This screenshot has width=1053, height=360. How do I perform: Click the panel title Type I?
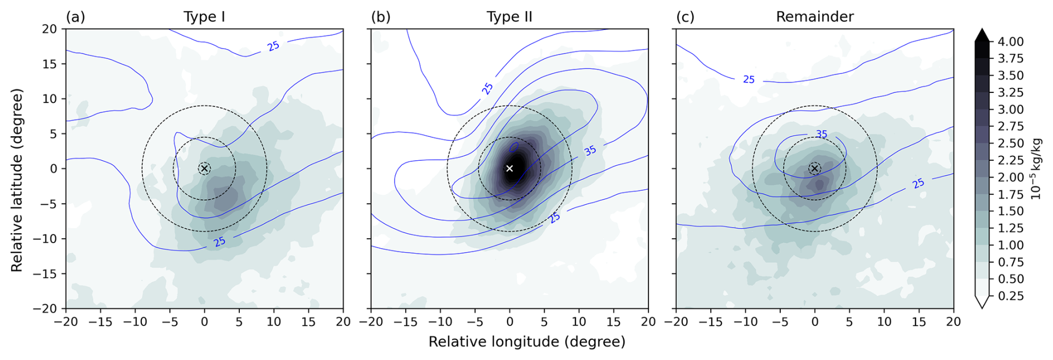(204, 17)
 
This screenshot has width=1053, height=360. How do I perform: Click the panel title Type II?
(509, 17)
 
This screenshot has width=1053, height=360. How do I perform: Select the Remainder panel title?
(814, 17)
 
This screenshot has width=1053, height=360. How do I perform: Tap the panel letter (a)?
(75, 17)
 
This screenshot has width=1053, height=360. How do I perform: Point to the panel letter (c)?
(685, 17)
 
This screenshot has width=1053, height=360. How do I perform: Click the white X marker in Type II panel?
(509, 168)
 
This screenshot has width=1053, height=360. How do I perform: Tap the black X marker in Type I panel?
(204, 168)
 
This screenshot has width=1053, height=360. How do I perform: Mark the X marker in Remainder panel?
(814, 168)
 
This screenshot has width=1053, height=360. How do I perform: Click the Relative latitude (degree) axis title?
(17, 180)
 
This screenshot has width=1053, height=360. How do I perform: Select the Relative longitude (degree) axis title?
(526, 342)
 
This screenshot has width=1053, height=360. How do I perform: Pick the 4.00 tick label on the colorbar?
(1010, 42)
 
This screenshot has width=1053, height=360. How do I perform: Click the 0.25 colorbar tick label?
(1010, 296)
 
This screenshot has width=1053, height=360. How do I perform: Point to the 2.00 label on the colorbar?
(1010, 177)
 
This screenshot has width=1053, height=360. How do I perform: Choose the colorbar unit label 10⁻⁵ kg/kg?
(1036, 169)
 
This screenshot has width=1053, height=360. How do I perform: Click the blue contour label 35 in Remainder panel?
(821, 134)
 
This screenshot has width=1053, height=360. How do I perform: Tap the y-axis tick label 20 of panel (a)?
(50, 29)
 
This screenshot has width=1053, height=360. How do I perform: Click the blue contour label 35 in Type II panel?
(590, 151)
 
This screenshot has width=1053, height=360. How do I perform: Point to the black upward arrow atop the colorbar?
(983, 34)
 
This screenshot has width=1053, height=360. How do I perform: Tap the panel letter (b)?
(380, 17)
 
